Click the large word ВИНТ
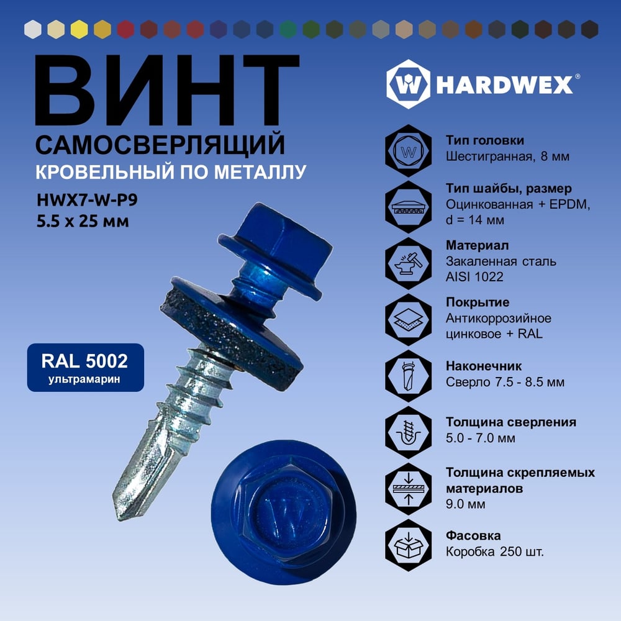[x=167, y=90]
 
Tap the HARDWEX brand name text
[x=504, y=84]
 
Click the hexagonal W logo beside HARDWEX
[x=409, y=84]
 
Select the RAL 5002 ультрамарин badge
[x=86, y=368]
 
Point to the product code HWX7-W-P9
[x=87, y=200]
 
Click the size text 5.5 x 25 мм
[x=83, y=221]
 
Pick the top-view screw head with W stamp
[x=284, y=512]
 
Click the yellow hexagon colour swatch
[x=79, y=29]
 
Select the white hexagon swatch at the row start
[x=33, y=29]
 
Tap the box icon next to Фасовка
[x=409, y=545]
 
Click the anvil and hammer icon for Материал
[x=409, y=263]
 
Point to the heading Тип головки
[x=485, y=140]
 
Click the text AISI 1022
[x=474, y=276]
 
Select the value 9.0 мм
[x=465, y=504]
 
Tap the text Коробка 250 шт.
[x=495, y=551]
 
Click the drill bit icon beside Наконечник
[x=409, y=376]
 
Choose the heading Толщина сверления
[x=511, y=422]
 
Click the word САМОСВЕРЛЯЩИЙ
[x=160, y=145]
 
